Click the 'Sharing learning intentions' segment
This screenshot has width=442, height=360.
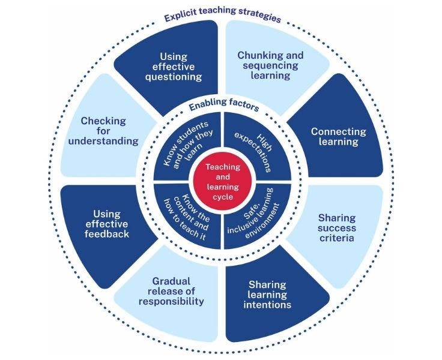click(x=268, y=294)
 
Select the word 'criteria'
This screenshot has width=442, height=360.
click(x=338, y=238)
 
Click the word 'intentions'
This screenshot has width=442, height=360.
click(x=268, y=305)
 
